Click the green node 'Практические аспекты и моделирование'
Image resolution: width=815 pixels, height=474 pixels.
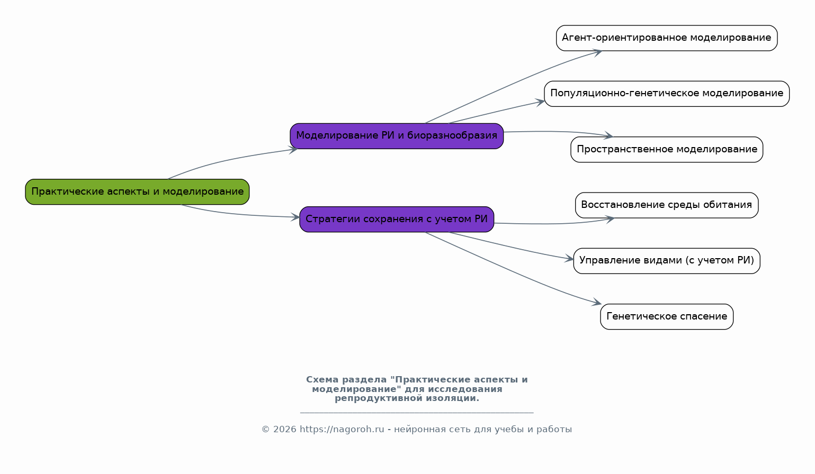click(137, 192)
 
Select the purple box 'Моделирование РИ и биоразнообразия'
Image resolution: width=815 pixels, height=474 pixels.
click(397, 136)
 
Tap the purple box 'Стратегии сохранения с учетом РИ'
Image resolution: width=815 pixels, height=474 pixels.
click(397, 219)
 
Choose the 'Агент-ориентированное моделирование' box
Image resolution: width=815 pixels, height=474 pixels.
click(667, 38)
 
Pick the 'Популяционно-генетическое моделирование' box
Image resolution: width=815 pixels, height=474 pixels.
click(667, 94)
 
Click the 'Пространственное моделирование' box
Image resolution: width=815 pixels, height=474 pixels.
click(667, 149)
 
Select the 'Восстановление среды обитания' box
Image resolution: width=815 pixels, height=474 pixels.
click(667, 205)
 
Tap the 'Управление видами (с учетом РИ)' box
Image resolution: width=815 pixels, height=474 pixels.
click(667, 261)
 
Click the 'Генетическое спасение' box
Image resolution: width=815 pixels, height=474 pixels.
click(667, 316)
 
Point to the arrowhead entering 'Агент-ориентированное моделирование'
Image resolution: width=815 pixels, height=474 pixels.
click(597, 53)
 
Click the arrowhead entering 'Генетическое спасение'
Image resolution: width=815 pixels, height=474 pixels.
click(597, 302)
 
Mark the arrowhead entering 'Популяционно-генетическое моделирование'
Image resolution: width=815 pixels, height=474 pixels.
click(540, 102)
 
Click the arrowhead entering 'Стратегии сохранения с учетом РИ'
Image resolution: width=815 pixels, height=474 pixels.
click(295, 217)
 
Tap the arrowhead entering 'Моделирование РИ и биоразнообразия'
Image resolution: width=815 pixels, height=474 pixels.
click(293, 149)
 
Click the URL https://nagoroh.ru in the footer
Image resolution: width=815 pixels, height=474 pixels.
click(342, 429)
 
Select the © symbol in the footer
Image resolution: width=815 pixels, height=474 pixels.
click(265, 429)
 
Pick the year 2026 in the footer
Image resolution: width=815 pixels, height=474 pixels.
click(284, 429)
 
